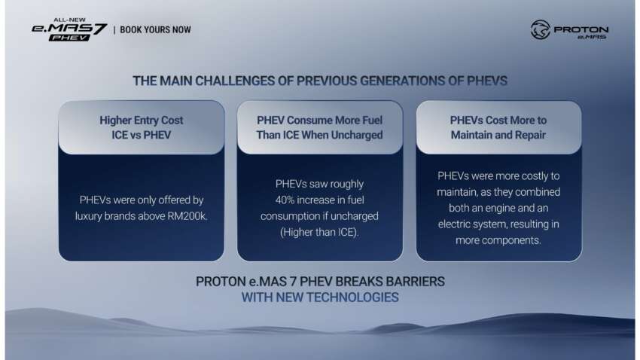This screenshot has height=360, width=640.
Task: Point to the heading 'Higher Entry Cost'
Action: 142,120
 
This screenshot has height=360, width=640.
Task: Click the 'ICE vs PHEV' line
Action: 142,135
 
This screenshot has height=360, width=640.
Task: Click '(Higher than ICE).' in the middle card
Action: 320,232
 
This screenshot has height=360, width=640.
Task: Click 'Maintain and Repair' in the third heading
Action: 498,135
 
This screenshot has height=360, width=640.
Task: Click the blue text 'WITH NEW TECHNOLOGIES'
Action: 319,297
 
